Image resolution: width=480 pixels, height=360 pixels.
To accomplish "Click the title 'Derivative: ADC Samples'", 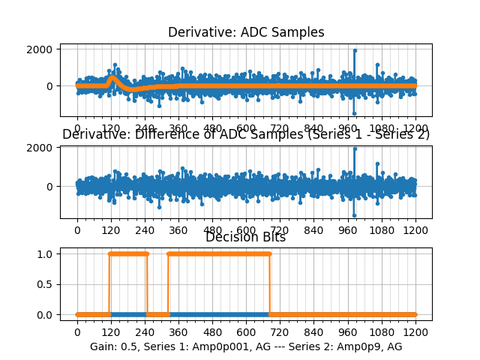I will point(246,32).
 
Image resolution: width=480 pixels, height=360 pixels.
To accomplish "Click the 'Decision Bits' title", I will point(245,237).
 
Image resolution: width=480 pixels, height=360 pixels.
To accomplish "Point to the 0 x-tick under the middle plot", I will point(76,232).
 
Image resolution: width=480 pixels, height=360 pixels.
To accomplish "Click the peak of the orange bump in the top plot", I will point(112,76).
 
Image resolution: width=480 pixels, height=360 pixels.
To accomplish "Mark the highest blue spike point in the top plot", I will point(354,50).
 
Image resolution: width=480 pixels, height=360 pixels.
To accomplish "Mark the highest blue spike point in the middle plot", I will point(354,148).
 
